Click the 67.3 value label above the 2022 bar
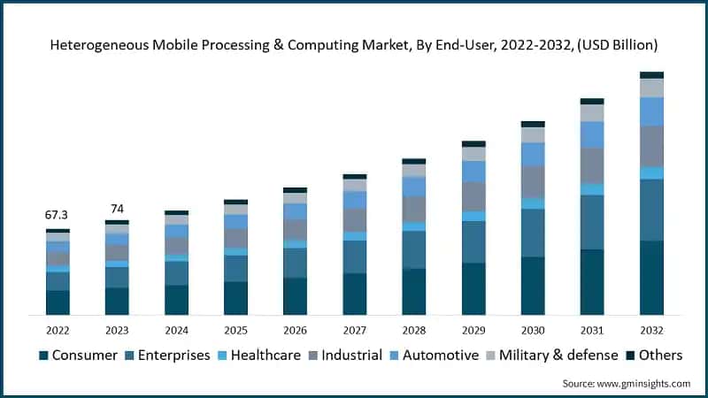coord(58,215)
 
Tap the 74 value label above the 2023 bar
coord(117,209)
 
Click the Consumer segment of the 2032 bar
coord(651,278)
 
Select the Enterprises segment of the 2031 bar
coord(592,222)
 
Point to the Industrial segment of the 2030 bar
coord(533,181)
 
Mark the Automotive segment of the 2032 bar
coord(651,111)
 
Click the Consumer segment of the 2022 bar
coord(58,302)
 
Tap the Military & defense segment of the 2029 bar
coord(473,154)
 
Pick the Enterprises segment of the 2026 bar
coord(295,263)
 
